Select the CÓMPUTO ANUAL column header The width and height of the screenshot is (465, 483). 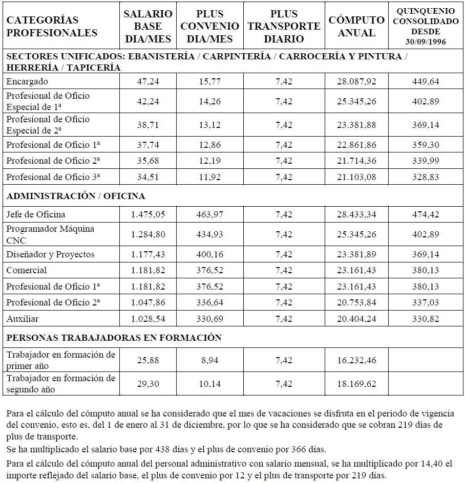[356, 26]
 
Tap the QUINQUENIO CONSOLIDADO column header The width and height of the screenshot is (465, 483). [426, 26]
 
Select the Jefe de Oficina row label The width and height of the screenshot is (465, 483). [36, 214]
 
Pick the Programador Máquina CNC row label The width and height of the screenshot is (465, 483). [50, 234]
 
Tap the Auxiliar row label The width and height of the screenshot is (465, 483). [23, 319]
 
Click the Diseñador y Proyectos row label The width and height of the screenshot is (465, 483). [50, 254]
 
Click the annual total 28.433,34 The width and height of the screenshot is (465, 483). [356, 214]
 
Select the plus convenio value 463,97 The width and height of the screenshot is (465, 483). [210, 214]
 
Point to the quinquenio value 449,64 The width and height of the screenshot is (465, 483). [426, 81]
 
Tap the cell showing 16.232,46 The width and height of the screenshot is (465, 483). [356, 360]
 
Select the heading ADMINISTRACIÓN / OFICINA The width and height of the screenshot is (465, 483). [76, 196]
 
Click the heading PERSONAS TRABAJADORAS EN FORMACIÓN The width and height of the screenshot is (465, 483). [114, 338]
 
